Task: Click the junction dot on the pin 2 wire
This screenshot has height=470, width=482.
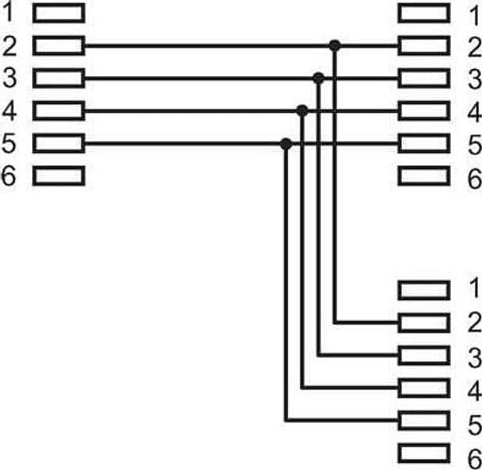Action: (x=335, y=45)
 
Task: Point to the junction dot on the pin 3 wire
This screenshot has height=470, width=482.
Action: (x=318, y=78)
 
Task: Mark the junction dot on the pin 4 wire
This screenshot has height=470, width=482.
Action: (x=302, y=110)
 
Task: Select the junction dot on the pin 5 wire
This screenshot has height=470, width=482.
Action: (x=286, y=143)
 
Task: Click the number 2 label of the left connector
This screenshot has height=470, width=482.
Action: (x=9, y=46)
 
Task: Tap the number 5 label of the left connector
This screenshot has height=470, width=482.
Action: (x=9, y=143)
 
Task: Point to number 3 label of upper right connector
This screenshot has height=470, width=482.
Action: (x=475, y=79)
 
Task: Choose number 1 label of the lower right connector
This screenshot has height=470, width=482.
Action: (x=474, y=287)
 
